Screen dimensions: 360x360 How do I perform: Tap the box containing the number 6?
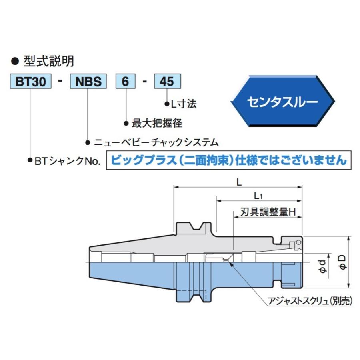[x=126, y=82]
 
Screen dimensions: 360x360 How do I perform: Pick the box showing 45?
[x=167, y=82]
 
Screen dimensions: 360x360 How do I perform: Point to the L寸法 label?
[x=184, y=104]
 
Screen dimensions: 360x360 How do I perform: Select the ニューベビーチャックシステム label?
[x=156, y=142]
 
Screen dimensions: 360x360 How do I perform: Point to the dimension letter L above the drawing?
[x=239, y=182]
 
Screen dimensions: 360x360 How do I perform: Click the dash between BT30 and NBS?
[x=60, y=82]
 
